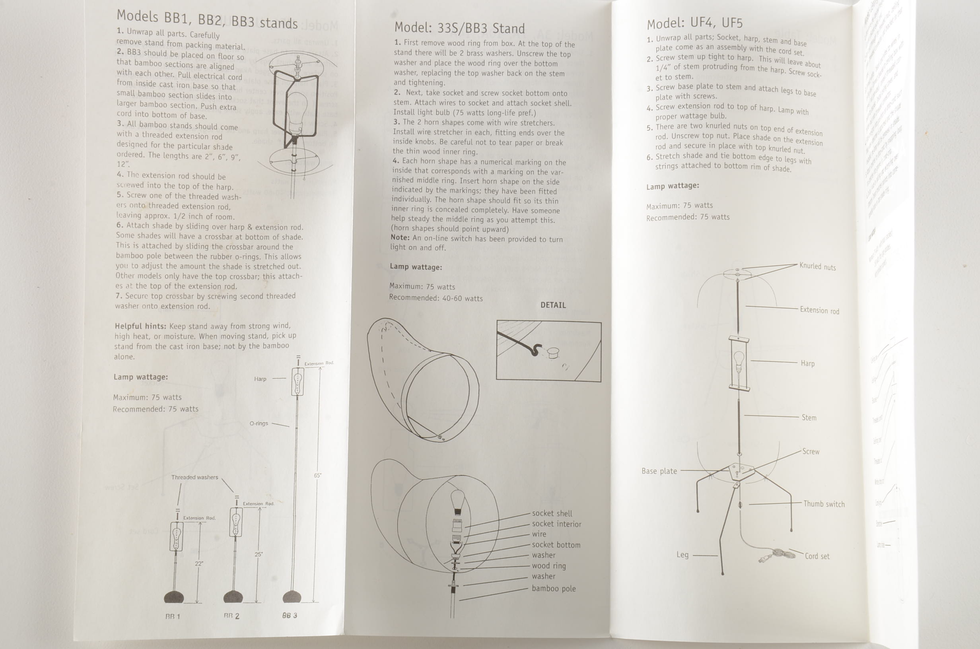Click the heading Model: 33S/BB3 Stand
(x=459, y=28)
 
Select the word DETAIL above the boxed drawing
(x=553, y=305)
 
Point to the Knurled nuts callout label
(x=817, y=266)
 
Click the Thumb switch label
(x=824, y=504)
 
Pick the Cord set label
(x=817, y=556)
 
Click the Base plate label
(x=659, y=471)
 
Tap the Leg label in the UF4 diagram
(x=682, y=555)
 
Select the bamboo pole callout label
(x=553, y=588)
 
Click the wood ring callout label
(x=548, y=565)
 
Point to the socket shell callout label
(x=552, y=513)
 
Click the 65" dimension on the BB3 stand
(x=317, y=476)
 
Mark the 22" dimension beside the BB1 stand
(x=198, y=564)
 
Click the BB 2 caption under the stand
(x=231, y=616)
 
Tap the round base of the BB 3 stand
(x=292, y=597)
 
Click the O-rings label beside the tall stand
(x=259, y=424)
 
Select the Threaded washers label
(x=194, y=477)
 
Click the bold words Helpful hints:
(x=140, y=326)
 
